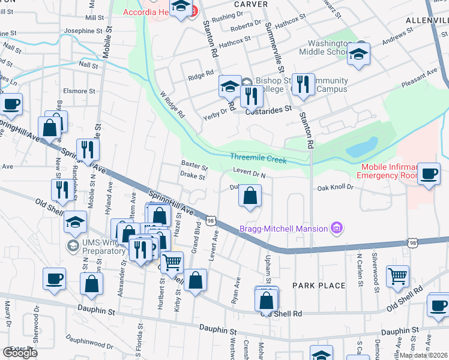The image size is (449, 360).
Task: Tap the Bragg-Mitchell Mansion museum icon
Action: tap(337, 228)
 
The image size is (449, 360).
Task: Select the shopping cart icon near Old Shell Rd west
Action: tap(172, 261)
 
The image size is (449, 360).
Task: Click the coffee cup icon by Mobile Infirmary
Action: tap(428, 173)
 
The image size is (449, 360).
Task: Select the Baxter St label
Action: tap(194, 164)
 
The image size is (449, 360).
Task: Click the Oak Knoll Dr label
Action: tap(336, 187)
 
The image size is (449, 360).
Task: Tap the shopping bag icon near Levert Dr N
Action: tap(250, 196)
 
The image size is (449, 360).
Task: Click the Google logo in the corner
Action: tap(20, 353)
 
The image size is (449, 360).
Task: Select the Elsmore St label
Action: tap(76, 91)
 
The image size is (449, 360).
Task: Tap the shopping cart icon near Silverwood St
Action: tap(397, 275)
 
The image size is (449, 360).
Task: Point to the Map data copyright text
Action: tap(423, 355)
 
